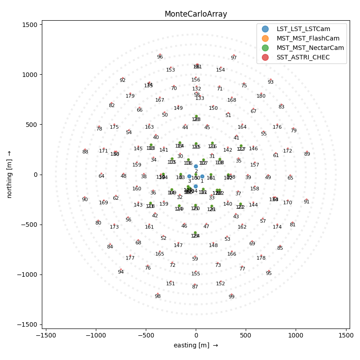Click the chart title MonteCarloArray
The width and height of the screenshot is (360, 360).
click(x=195, y=14)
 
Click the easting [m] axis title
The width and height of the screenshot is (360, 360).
click(x=195, y=345)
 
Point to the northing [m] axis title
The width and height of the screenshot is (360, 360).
click(x=9, y=174)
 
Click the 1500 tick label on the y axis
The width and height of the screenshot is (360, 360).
click(x=30, y=24)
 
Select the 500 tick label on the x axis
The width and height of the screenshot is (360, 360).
click(x=246, y=335)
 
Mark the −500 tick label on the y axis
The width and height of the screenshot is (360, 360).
click(x=28, y=225)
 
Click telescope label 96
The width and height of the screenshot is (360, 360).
click(x=160, y=57)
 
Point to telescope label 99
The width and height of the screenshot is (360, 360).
click(x=231, y=297)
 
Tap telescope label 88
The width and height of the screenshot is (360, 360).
click(x=85, y=152)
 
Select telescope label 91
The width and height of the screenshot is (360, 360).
click(x=306, y=202)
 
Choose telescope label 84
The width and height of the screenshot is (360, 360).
click(x=110, y=247)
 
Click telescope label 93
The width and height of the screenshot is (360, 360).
click(x=270, y=82)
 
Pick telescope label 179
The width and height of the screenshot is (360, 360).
click(x=130, y=96)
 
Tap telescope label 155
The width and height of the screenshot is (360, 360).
click(x=196, y=274)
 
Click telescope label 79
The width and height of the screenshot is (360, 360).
click(x=293, y=131)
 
